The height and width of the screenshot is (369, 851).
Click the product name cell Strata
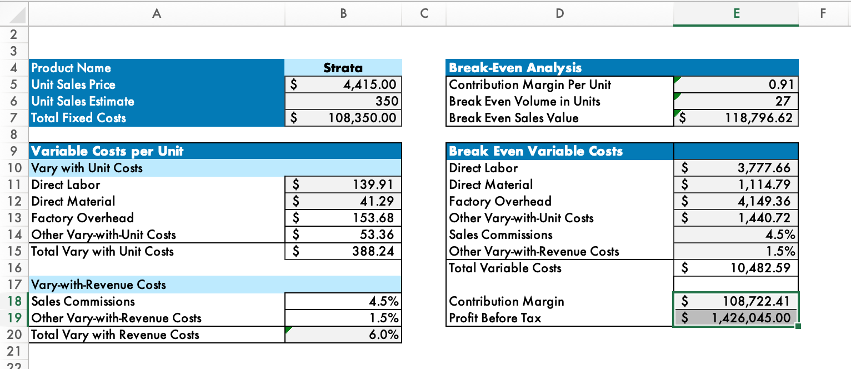point(343,68)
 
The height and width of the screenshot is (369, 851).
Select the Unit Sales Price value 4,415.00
point(367,84)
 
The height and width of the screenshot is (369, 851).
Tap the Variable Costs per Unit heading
point(108,151)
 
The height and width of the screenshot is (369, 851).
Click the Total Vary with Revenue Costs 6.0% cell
point(384,335)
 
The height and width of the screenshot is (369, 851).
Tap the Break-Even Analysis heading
point(515,68)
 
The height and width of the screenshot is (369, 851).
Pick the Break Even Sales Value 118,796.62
point(758,118)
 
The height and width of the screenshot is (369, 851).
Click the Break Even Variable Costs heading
point(535,151)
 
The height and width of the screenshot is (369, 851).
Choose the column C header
point(424,14)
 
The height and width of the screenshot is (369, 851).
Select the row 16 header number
point(14,268)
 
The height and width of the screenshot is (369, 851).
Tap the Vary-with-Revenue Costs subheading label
point(99,285)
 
